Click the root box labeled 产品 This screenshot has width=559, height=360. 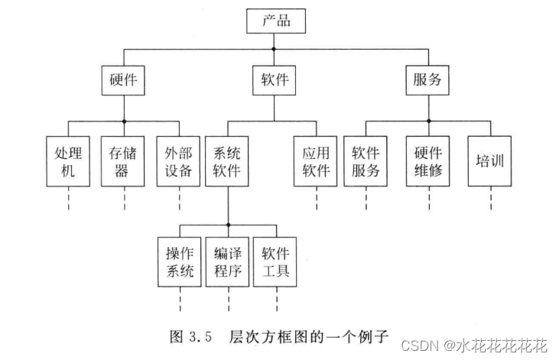pyautogui.click(x=275, y=21)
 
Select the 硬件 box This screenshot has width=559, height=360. pyautogui.click(x=123, y=79)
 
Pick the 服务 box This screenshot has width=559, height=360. pyautogui.click(x=426, y=79)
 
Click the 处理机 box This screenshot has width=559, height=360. pyautogui.click(x=68, y=161)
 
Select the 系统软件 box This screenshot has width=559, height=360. pyautogui.click(x=227, y=161)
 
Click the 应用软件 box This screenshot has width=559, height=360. pyautogui.click(x=316, y=161)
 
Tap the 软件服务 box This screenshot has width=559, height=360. pyautogui.click(x=366, y=161)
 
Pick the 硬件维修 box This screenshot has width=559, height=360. pyautogui.click(x=429, y=161)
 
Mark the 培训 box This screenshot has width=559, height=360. pyautogui.click(x=489, y=161)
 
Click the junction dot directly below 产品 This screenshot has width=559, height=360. pyautogui.click(x=275, y=49)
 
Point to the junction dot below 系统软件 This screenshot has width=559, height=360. pyautogui.click(x=228, y=225)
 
